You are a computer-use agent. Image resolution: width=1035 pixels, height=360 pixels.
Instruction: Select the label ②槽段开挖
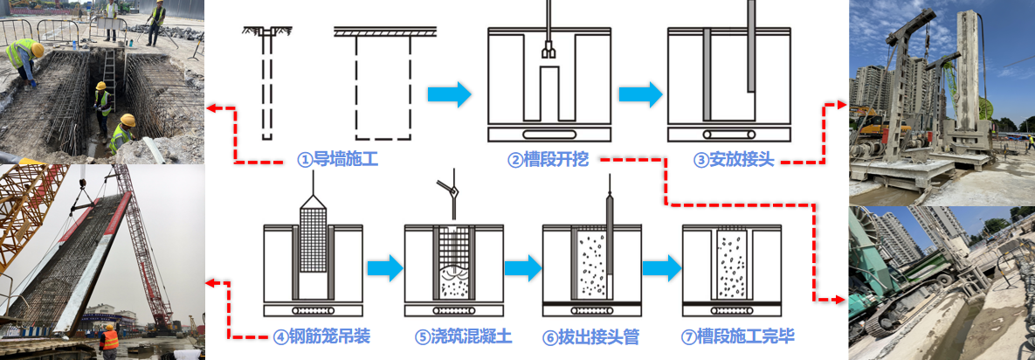click(x=549, y=160)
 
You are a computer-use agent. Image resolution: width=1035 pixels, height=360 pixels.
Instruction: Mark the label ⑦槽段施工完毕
click(x=736, y=336)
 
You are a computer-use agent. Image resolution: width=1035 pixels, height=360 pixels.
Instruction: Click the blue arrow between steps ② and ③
click(x=639, y=93)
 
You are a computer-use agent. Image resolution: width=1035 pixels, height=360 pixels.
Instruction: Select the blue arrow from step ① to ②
click(x=449, y=93)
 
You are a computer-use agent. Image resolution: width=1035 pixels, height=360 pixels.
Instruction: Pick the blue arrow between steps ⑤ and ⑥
click(x=522, y=268)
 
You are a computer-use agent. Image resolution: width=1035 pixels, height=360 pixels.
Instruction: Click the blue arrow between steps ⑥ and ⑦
click(x=660, y=268)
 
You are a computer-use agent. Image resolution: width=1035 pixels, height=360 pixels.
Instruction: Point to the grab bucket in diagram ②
click(x=548, y=52)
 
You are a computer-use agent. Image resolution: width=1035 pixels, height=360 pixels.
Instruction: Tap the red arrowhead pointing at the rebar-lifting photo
click(x=210, y=282)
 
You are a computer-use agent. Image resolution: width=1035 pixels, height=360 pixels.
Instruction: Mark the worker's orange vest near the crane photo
click(x=109, y=340)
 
